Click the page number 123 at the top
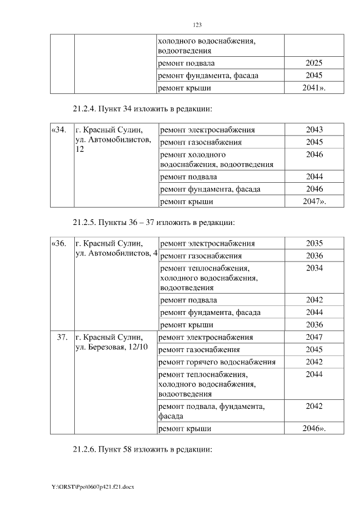pyautogui.click(x=197, y=25)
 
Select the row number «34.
pyautogui.click(x=58, y=130)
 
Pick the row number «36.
pyautogui.click(x=58, y=244)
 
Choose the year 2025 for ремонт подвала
pyautogui.click(x=314, y=63)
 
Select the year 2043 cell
pyautogui.click(x=314, y=130)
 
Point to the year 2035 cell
pyautogui.click(x=314, y=244)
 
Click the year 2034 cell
pyautogui.click(x=314, y=268)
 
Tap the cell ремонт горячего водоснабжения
pyautogui.click(x=218, y=362)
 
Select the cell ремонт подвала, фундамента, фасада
pyautogui.click(x=213, y=411)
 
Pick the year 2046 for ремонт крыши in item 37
pyautogui.click(x=314, y=429)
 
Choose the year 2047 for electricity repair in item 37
pyautogui.click(x=314, y=337)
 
